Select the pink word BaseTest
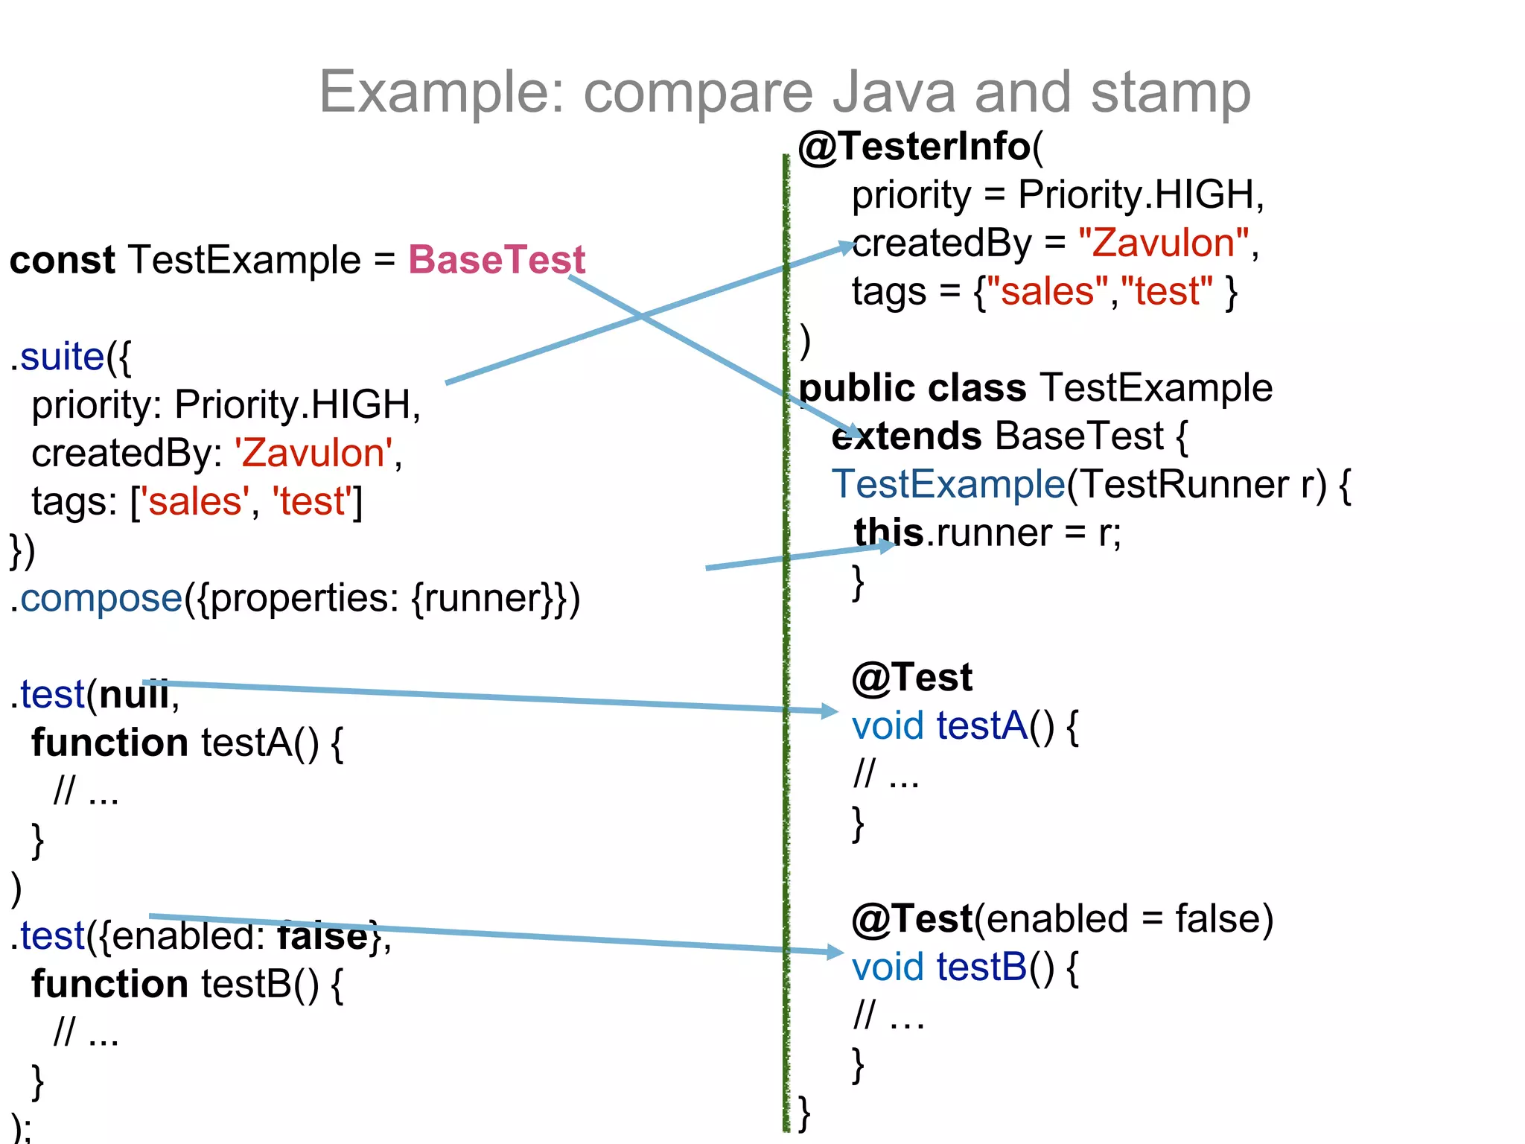tap(497, 260)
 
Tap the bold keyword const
tap(62, 260)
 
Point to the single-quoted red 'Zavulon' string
tap(313, 453)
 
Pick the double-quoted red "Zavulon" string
tap(1163, 243)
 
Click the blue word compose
tap(101, 598)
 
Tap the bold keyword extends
tap(906, 436)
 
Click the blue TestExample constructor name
tap(948, 484)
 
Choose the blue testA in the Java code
tap(982, 725)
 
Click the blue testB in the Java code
tap(982, 967)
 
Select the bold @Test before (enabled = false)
tap(913, 918)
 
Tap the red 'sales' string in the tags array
tap(195, 501)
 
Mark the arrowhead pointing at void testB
tap(835, 952)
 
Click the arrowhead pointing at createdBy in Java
tap(846, 247)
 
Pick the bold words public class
tap(912, 388)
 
